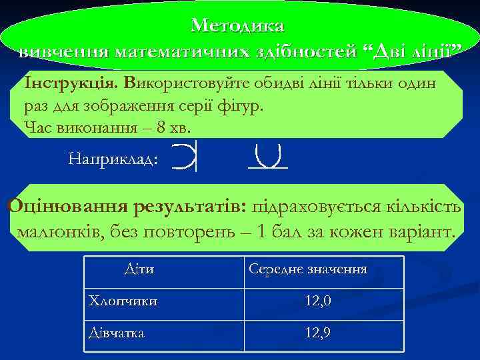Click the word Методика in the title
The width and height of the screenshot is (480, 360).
(x=237, y=25)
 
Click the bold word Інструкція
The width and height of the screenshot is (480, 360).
(x=71, y=83)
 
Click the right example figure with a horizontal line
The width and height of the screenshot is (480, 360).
(x=267, y=157)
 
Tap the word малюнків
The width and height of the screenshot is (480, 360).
(x=55, y=232)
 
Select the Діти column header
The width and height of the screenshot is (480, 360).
(x=139, y=269)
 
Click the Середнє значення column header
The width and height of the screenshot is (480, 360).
(x=307, y=269)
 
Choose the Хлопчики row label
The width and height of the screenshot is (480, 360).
(x=123, y=301)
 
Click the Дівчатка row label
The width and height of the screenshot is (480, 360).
(x=116, y=332)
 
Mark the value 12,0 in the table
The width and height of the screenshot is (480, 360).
(x=317, y=301)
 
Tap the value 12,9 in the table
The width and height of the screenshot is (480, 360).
(x=317, y=332)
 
